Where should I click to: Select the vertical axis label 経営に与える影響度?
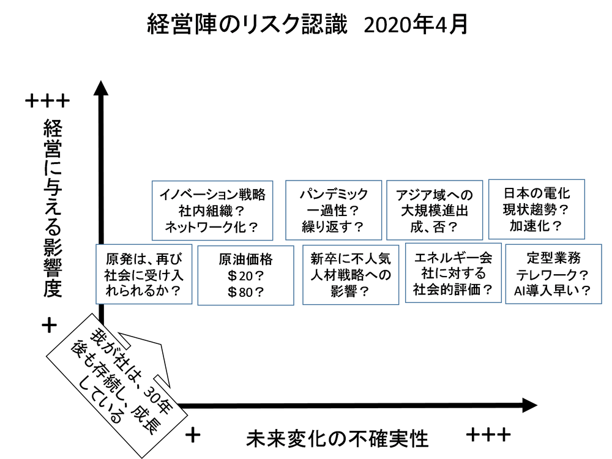coord(54,208)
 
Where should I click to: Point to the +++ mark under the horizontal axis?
coord(488,435)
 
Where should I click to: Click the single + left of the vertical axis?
coord(50,325)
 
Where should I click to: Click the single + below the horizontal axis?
coord(193,435)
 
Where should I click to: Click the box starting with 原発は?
coord(144,274)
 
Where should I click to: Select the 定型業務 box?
coord(553,274)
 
